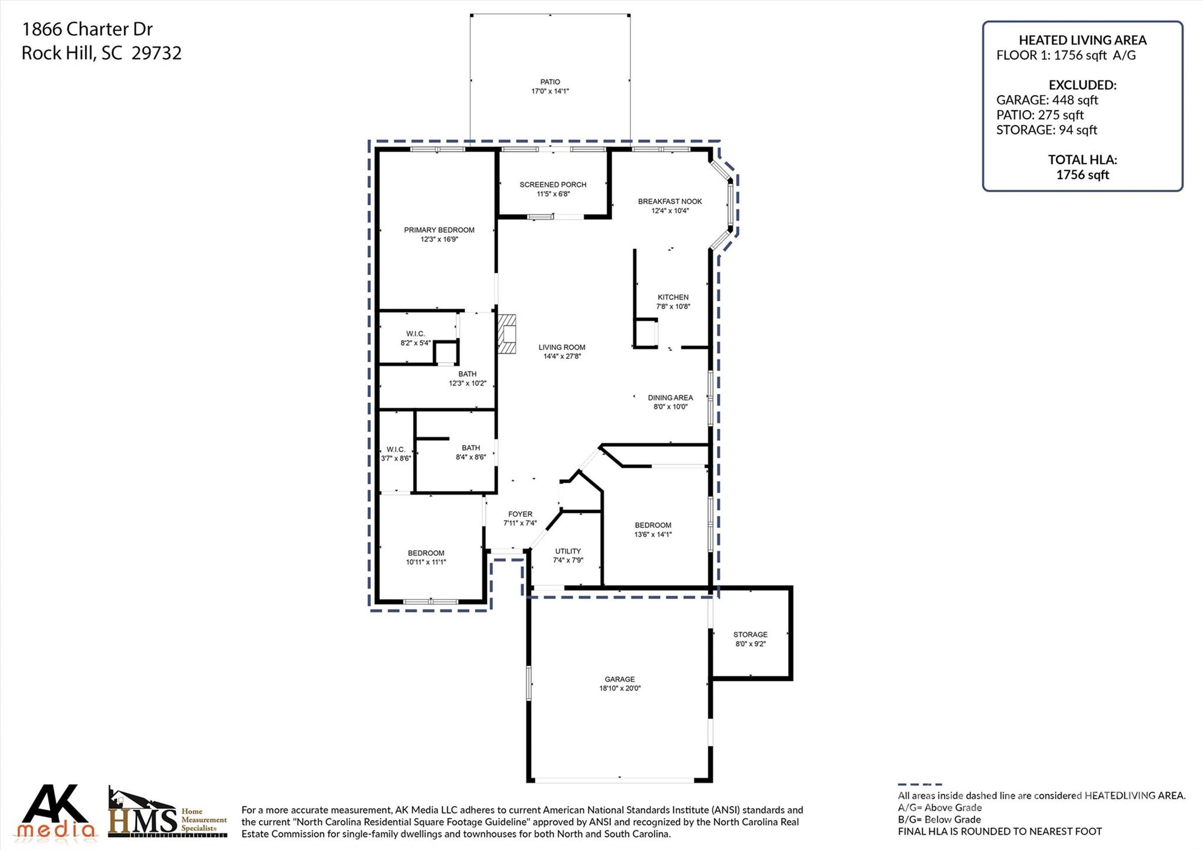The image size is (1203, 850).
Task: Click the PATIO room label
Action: click(550, 82)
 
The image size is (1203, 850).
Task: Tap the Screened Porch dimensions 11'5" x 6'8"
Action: click(553, 194)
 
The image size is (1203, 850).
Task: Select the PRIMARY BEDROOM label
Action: click(439, 230)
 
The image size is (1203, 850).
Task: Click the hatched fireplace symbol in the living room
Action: click(507, 334)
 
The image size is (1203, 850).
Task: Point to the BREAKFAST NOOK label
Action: click(670, 201)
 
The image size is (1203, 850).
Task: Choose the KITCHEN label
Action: click(673, 297)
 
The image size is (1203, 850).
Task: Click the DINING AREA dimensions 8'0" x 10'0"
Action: click(670, 407)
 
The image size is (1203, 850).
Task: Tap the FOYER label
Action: click(520, 514)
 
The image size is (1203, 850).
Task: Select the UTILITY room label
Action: click(567, 551)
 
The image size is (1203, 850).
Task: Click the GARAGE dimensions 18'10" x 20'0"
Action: click(620, 688)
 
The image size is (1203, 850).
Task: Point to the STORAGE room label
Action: click(750, 634)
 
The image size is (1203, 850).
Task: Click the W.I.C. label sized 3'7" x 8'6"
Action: click(395, 449)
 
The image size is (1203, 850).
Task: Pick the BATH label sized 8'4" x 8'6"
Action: click(471, 448)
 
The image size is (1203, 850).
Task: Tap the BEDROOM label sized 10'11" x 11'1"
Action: click(426, 553)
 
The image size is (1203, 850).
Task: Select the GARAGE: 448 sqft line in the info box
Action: click(1047, 100)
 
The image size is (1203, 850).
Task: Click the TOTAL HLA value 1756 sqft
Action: click(1082, 174)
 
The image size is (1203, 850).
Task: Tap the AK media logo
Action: click(56, 812)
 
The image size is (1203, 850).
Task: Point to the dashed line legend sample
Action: click(919, 784)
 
